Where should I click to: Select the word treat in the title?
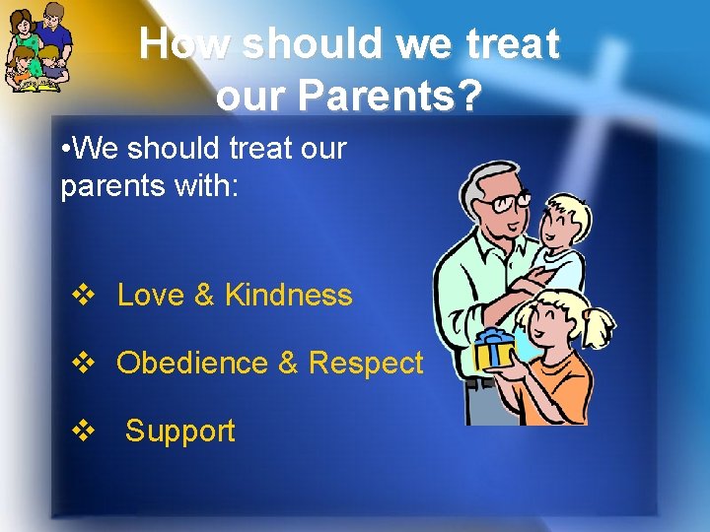[511, 44]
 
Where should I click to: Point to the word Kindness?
[288, 296]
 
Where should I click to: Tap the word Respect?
[366, 364]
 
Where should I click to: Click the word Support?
[180, 432]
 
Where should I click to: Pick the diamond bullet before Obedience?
[82, 364]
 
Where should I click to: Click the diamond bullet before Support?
[82, 432]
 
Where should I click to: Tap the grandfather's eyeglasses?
[508, 203]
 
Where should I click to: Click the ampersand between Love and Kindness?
[204, 296]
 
